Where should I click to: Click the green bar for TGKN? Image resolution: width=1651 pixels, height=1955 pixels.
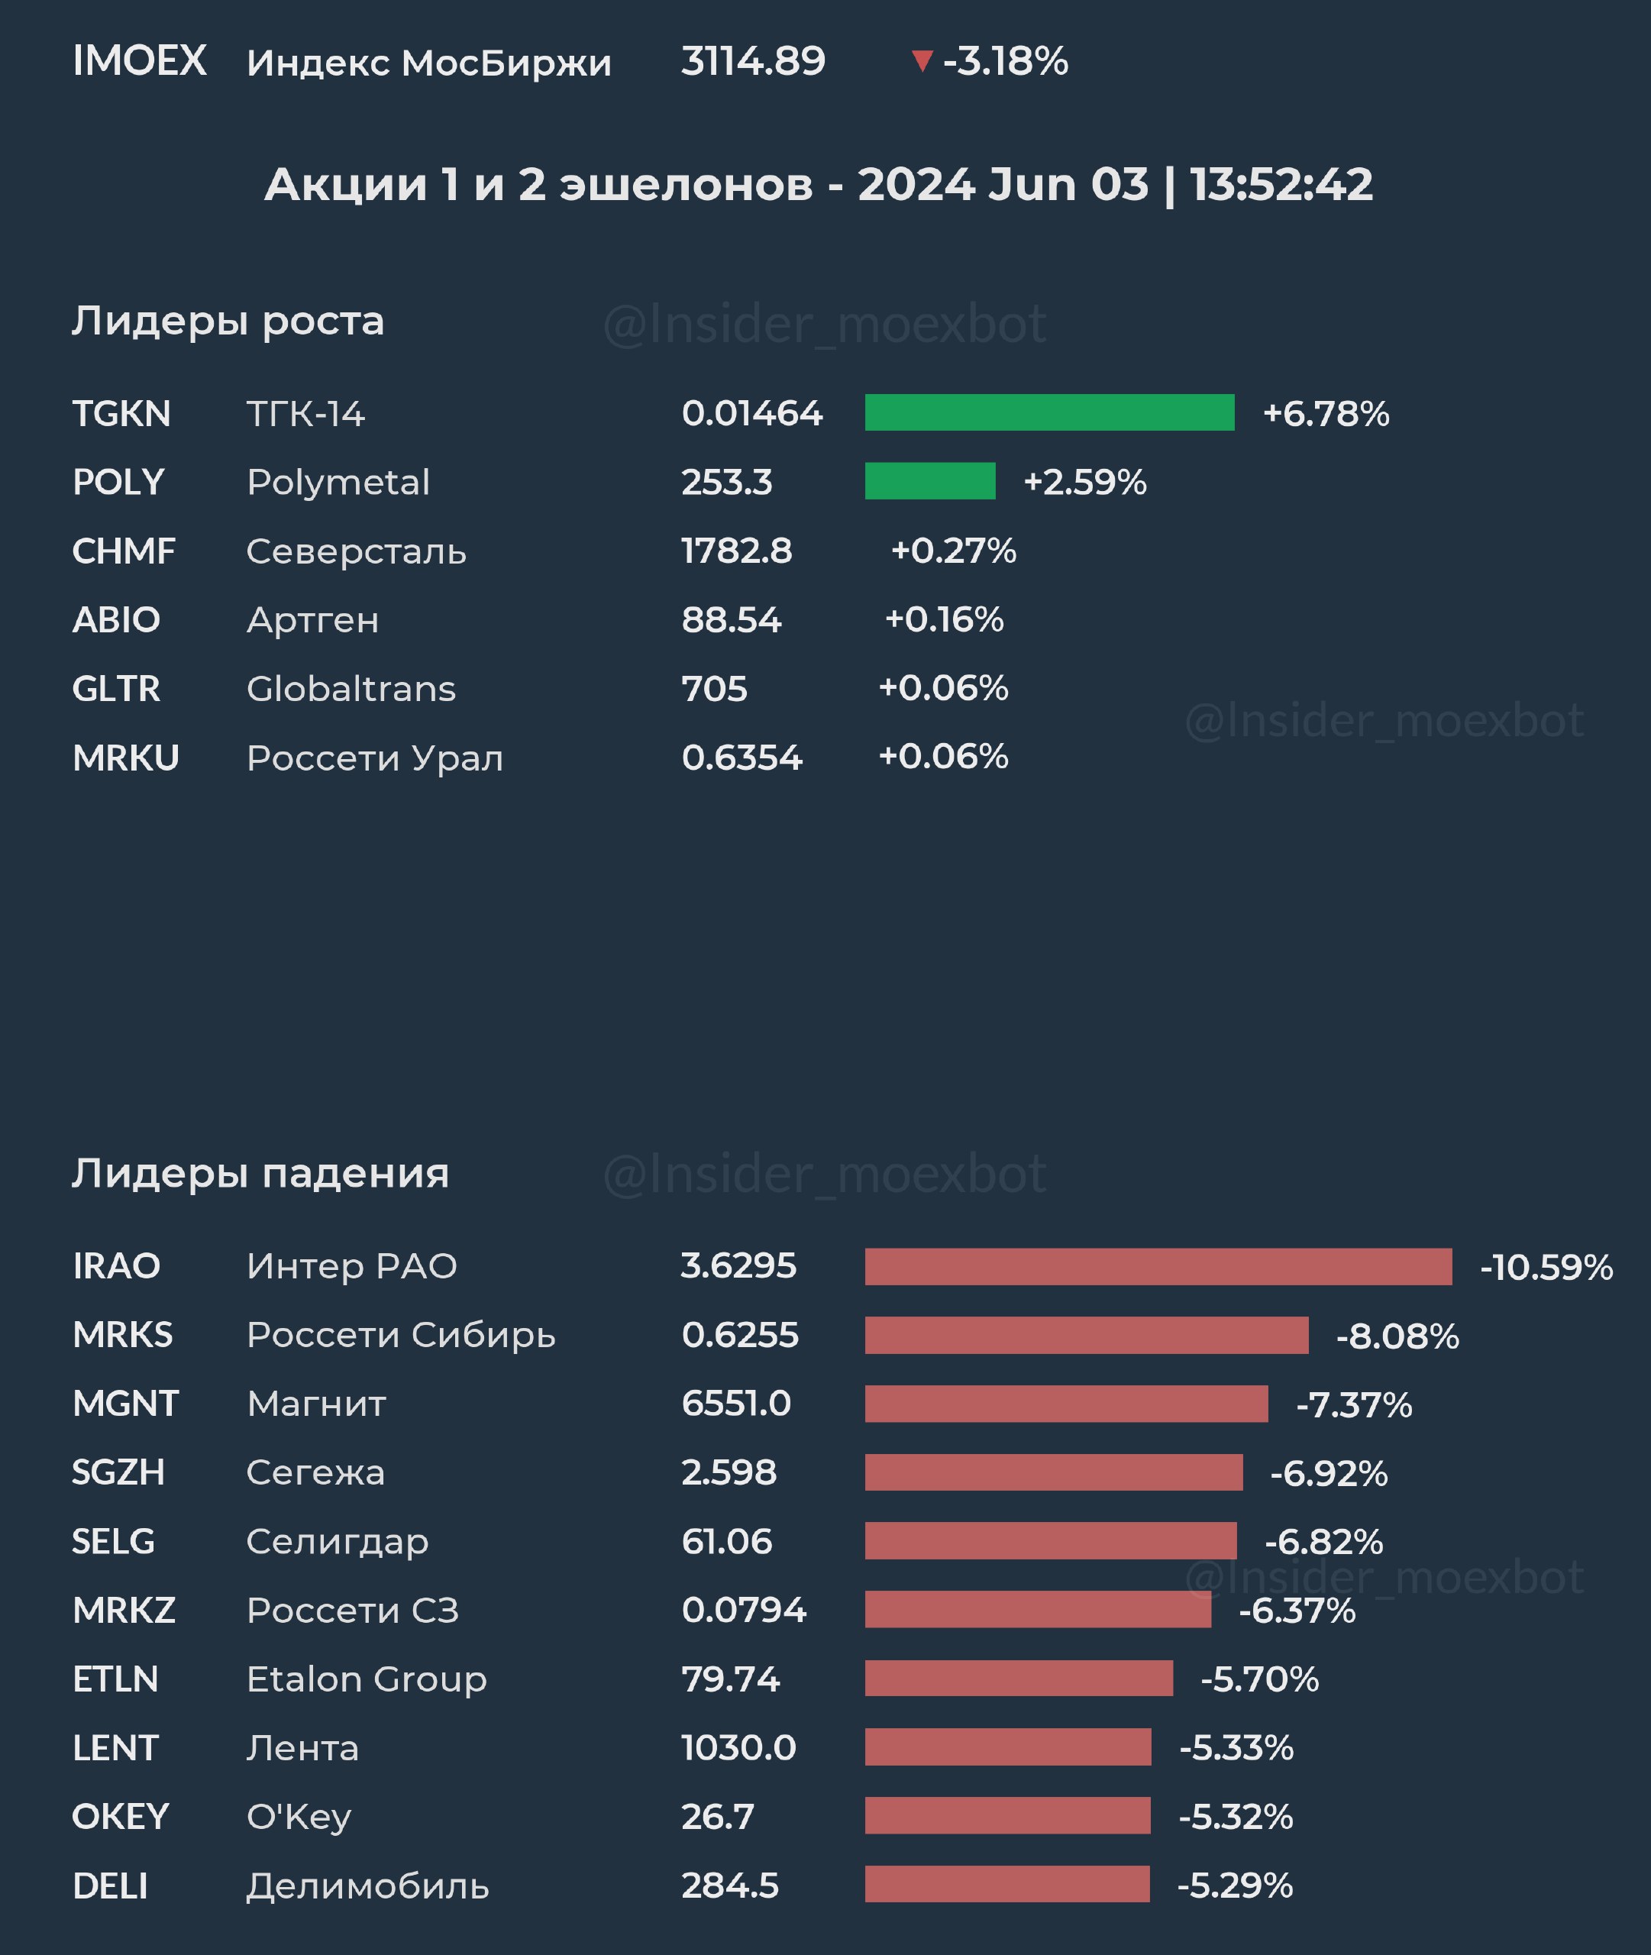(1049, 412)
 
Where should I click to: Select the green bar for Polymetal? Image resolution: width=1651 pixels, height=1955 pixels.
(929, 481)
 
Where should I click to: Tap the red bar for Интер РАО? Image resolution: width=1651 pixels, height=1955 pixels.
(1158, 1266)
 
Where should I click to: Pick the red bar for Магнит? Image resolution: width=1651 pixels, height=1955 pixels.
(1066, 1404)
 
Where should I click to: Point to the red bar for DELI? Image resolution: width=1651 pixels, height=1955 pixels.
(1007, 1885)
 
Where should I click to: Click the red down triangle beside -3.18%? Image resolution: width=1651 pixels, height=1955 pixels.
(922, 62)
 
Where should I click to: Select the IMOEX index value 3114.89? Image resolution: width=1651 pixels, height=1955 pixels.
(752, 62)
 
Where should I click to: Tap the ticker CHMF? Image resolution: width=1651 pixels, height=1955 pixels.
(124, 551)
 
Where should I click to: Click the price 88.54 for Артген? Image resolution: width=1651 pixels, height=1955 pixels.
(731, 619)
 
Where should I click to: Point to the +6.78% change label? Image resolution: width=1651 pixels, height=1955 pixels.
(1325, 414)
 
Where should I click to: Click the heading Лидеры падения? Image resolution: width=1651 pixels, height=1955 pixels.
(260, 1174)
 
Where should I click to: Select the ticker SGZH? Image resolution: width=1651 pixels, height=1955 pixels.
(118, 1473)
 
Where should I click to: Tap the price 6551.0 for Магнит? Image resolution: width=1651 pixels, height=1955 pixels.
(735, 1404)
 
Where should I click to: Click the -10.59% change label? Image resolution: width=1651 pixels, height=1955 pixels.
(1546, 1267)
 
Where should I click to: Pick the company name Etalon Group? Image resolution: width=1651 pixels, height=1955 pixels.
(366, 1679)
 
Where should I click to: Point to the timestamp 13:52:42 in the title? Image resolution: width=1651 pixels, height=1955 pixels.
(1281, 184)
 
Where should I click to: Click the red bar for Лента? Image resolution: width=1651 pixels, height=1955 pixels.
(1008, 1747)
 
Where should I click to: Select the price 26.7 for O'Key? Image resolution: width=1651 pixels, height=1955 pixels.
(717, 1817)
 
